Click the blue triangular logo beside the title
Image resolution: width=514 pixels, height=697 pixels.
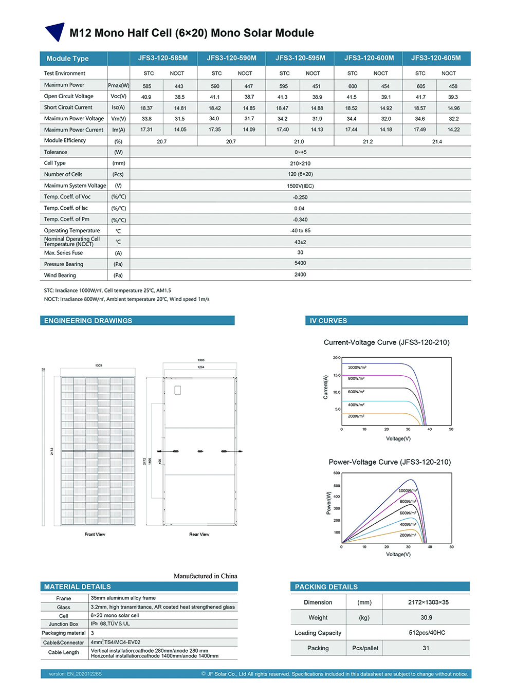[55, 32]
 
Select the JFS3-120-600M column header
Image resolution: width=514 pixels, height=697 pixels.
[369, 58]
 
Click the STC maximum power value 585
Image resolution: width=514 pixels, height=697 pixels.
[147, 86]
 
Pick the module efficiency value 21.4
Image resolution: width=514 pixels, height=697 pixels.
[437, 141]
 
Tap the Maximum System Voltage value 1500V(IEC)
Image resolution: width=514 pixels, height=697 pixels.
[300, 186]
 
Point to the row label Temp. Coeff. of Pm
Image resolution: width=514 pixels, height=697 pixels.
[67, 219]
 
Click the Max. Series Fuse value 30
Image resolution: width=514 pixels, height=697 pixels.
[300, 253]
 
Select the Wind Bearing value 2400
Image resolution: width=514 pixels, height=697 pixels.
[300, 275]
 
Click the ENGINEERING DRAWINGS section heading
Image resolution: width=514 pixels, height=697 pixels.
[88, 321]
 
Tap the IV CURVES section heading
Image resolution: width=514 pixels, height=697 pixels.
[328, 321]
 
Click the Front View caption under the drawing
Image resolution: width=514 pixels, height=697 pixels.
[95, 535]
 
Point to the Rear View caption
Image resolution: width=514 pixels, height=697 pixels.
[199, 535]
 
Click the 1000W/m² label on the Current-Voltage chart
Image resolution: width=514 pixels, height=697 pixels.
[357, 368]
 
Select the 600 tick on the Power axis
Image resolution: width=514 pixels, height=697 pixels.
[337, 473]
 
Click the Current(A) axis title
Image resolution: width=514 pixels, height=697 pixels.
[325, 387]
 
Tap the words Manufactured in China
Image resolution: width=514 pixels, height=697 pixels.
[205, 576]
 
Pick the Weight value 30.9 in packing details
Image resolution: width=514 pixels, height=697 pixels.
[426, 618]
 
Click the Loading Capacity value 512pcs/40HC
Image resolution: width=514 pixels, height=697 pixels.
[427, 633]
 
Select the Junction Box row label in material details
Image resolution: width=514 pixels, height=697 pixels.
[64, 625]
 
